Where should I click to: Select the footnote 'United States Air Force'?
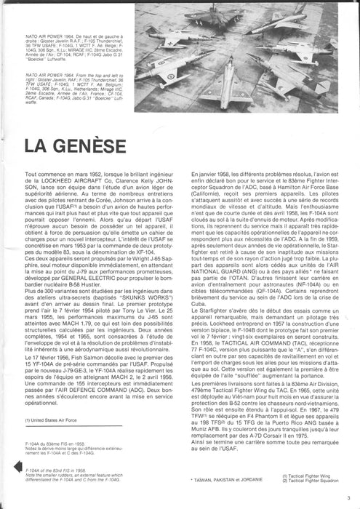pyautogui.click(x=53, y=438)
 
